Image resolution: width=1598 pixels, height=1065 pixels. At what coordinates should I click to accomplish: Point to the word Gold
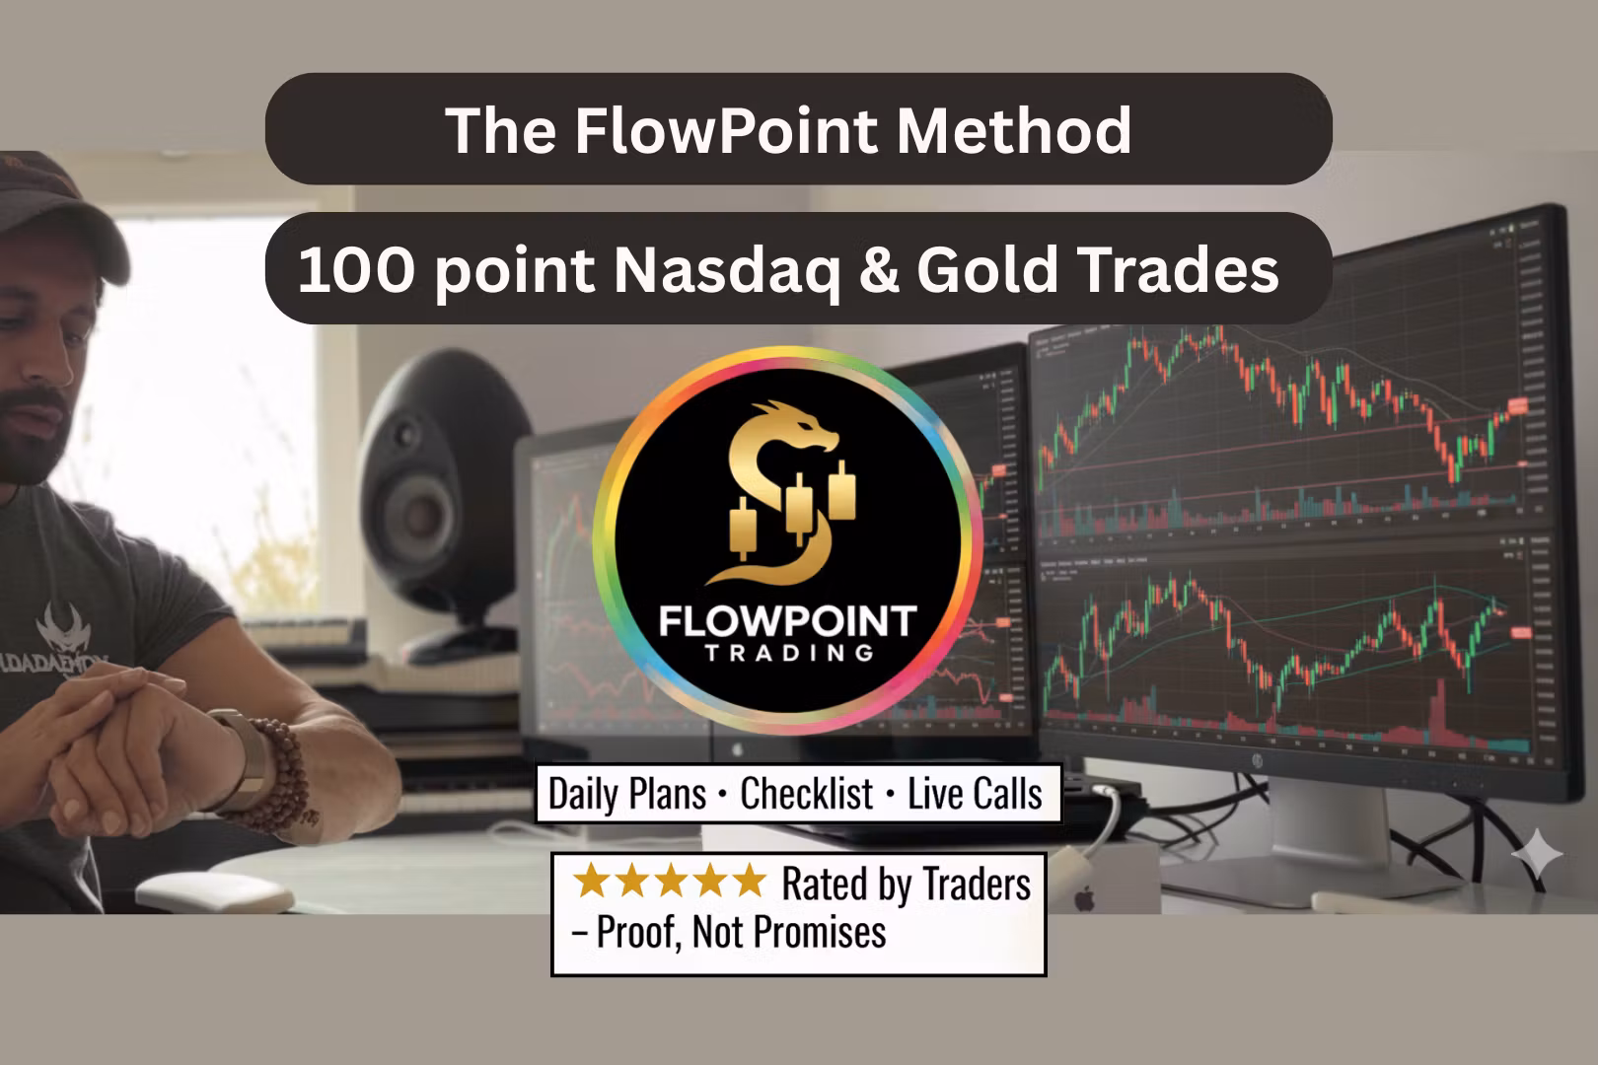986,269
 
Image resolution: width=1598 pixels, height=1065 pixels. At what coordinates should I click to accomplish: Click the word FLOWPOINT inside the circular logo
787,621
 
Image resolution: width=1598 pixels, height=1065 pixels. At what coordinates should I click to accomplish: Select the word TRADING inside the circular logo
789,653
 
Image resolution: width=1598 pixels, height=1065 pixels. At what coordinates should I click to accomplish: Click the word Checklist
807,794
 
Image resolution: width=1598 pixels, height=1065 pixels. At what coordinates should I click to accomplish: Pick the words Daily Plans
627,794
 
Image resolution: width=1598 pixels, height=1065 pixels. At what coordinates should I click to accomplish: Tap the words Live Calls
975,794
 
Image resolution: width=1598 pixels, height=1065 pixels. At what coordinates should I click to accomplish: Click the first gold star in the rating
592,881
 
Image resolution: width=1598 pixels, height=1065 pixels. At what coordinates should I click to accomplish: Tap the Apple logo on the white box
1085,898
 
